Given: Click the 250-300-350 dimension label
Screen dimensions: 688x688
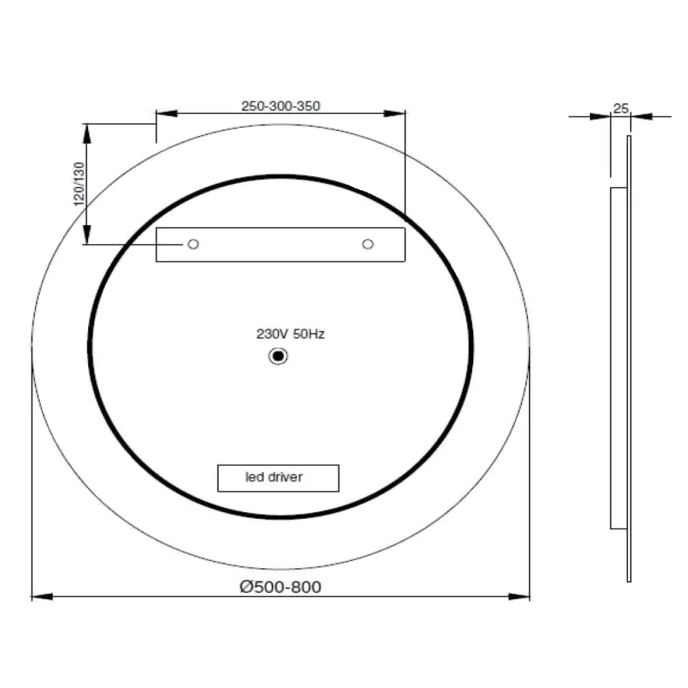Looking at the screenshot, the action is pyautogui.click(x=281, y=106).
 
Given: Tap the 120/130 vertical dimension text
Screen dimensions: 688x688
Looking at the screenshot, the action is pyautogui.click(x=79, y=184).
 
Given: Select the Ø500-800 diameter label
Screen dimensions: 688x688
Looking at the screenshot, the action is pyautogui.click(x=280, y=587).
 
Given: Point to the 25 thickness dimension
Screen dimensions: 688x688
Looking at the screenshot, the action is pyautogui.click(x=620, y=108).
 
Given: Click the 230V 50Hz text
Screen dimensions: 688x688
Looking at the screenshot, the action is pyautogui.click(x=290, y=334).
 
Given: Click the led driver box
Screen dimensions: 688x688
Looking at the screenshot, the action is pyautogui.click(x=278, y=478).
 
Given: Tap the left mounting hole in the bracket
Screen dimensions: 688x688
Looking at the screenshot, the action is pyautogui.click(x=193, y=244).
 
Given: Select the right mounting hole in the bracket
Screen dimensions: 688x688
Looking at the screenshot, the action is pyautogui.click(x=368, y=244).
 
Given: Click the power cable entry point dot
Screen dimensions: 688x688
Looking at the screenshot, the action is pyautogui.click(x=278, y=356).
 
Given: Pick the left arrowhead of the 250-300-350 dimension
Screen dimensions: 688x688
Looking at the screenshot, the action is pyautogui.click(x=167, y=114).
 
